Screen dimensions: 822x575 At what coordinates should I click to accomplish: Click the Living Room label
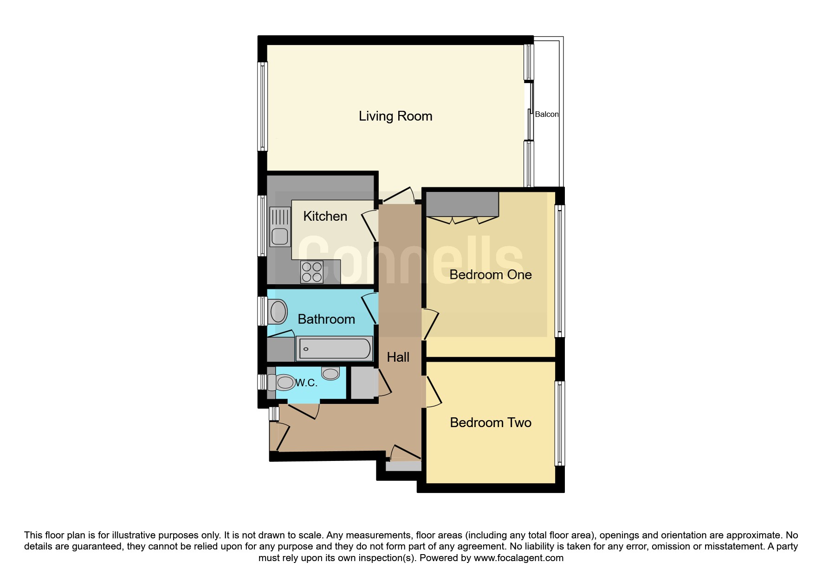[395, 116]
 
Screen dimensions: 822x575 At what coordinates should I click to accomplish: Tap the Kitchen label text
[325, 216]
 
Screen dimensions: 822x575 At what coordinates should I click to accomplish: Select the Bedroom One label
[491, 275]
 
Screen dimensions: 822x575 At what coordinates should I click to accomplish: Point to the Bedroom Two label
[491, 422]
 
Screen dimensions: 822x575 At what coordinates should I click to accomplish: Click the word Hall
[398, 357]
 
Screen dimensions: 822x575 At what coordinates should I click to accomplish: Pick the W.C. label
[307, 383]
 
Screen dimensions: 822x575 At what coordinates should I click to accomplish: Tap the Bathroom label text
[326, 319]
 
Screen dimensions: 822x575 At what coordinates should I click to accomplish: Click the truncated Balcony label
[547, 114]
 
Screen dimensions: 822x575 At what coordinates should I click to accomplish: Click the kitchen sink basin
[279, 236]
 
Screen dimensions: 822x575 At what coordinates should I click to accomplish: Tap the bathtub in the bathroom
[334, 348]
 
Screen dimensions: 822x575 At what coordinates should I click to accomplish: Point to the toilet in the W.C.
[284, 383]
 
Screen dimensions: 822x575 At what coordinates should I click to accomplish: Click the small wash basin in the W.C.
[330, 373]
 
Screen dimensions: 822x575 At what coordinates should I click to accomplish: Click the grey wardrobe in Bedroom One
[462, 204]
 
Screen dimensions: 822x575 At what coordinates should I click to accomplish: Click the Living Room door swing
[399, 196]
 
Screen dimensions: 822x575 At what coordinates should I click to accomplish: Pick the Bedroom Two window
[560, 423]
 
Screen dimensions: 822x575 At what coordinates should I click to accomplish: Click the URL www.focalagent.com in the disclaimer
[518, 558]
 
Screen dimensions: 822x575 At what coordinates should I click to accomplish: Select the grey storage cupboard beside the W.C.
[362, 383]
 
